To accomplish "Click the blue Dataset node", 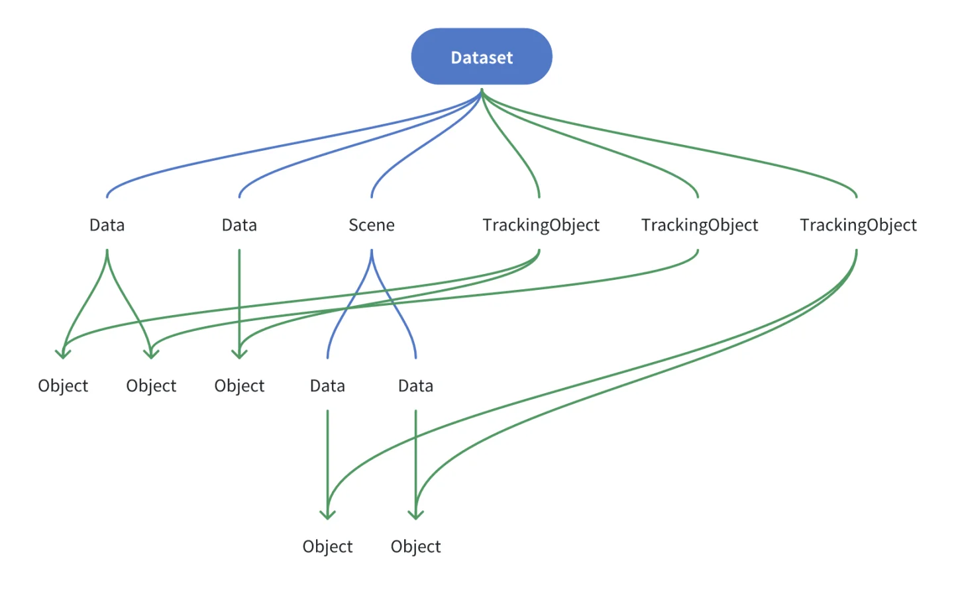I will (x=482, y=57).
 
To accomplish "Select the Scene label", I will (x=372, y=225).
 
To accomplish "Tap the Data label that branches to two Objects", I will (x=107, y=225).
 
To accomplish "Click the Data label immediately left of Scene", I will (x=239, y=225).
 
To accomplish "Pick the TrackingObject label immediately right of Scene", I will (x=541, y=225).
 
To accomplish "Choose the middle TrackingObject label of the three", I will (x=699, y=225).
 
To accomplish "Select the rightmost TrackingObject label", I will (x=858, y=225).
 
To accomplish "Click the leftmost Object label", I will (x=63, y=386).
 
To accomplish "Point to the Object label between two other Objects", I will (x=151, y=386).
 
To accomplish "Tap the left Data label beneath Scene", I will (x=327, y=386).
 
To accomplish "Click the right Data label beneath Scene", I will (x=415, y=386).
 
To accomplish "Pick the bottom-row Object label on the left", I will (x=327, y=547).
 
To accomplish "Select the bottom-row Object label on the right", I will (x=415, y=547).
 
